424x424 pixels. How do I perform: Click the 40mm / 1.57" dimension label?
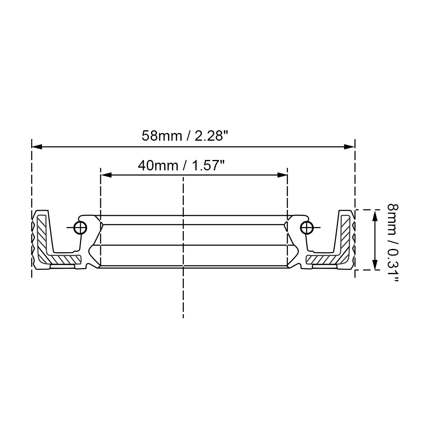pyautogui.click(x=182, y=165)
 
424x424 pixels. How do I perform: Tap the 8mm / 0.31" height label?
pyautogui.click(x=393, y=242)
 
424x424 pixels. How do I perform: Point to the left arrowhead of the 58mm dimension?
pyautogui.click(x=37, y=146)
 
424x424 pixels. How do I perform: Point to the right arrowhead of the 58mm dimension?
pyautogui.click(x=349, y=146)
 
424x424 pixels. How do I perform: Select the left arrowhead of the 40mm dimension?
pyautogui.click(x=106, y=175)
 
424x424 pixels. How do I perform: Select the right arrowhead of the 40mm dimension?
pyautogui.click(x=282, y=175)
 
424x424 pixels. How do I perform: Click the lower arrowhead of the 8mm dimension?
pyautogui.click(x=375, y=264)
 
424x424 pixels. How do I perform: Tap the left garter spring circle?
pyautogui.click(x=81, y=227)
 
